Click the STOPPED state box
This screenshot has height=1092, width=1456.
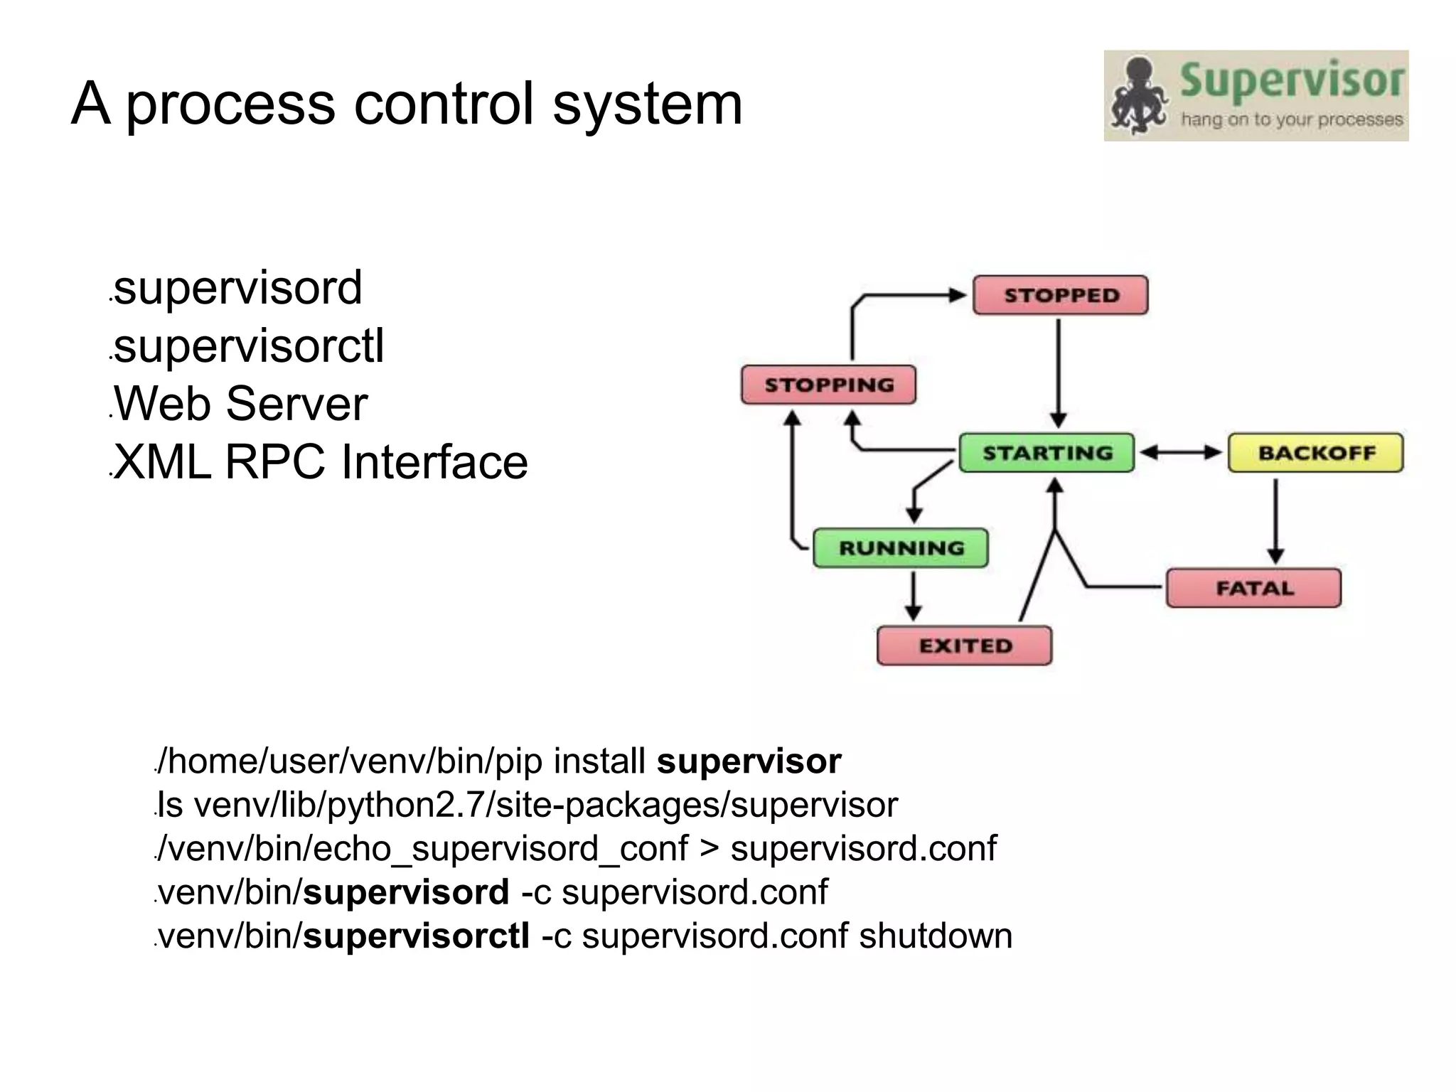click(1060, 295)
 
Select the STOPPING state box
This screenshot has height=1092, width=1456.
click(828, 385)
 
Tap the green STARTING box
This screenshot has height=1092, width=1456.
click(1046, 453)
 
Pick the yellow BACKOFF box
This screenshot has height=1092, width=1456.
click(1315, 453)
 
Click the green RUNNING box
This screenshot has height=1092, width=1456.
click(900, 547)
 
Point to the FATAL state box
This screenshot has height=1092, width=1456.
click(1253, 588)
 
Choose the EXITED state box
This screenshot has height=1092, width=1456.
click(964, 646)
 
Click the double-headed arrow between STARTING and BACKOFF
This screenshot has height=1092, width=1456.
click(1181, 453)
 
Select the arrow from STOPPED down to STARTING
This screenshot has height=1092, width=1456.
click(1059, 370)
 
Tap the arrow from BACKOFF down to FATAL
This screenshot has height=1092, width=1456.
click(1275, 519)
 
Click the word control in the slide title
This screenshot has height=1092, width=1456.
click(443, 104)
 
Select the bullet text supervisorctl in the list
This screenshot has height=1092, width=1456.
click(249, 346)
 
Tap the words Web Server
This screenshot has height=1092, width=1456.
click(240, 404)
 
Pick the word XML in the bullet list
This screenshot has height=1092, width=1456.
click(163, 462)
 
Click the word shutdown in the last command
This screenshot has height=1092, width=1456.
click(936, 936)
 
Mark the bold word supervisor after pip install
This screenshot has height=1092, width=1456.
click(749, 761)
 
